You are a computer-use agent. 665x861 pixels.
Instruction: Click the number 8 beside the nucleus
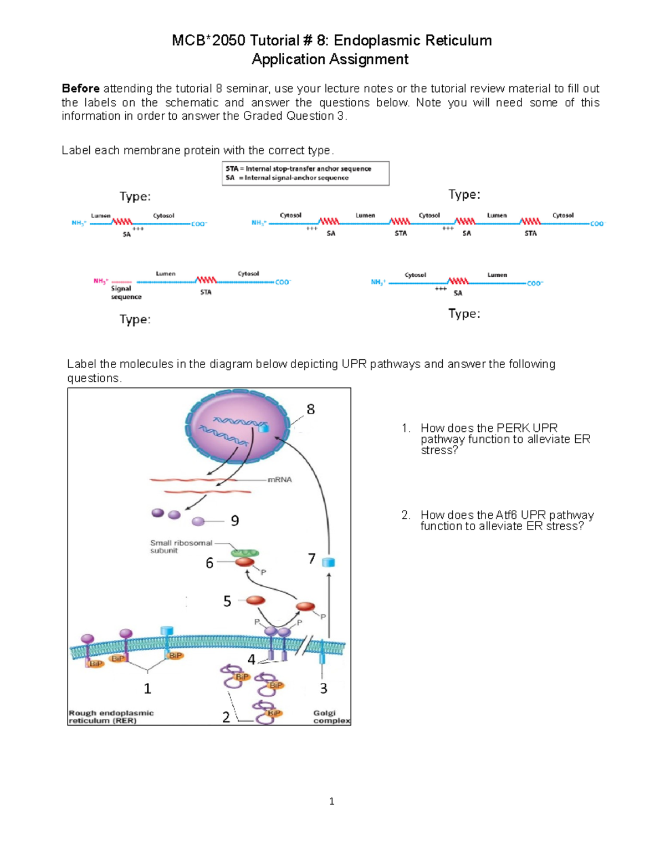click(310, 409)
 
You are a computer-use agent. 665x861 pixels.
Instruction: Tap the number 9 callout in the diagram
click(235, 521)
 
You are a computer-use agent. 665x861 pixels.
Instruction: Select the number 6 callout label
click(209, 563)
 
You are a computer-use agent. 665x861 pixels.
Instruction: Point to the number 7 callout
click(312, 558)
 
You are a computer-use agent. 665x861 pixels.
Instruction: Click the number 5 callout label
click(227, 602)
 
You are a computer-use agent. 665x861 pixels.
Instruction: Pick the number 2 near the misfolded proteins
click(226, 717)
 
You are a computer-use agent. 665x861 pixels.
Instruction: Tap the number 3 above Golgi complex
click(324, 689)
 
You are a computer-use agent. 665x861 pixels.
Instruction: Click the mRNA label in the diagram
click(279, 480)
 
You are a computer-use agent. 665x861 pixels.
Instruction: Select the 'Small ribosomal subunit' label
click(181, 547)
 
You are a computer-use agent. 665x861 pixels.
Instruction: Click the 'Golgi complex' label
click(331, 717)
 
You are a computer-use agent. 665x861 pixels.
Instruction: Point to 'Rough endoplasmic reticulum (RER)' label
click(111, 717)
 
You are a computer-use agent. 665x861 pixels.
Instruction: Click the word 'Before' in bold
click(81, 89)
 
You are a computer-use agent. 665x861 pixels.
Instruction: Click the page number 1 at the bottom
click(331, 801)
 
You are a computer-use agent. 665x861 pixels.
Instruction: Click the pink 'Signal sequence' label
click(126, 292)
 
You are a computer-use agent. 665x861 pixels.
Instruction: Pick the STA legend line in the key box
click(298, 169)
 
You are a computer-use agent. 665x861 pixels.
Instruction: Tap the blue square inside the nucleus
click(264, 428)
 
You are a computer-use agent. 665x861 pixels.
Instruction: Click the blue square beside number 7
click(329, 562)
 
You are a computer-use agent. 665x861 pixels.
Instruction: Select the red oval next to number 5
click(255, 600)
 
